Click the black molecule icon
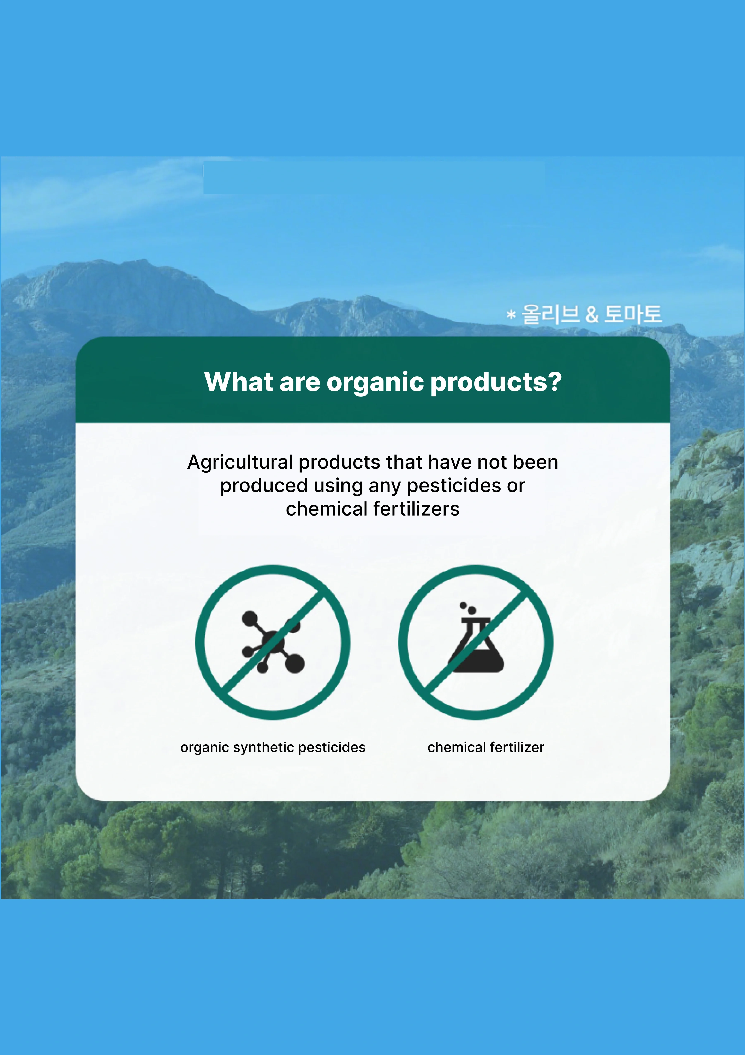(x=273, y=642)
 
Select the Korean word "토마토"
(x=633, y=314)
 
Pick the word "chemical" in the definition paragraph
(x=326, y=509)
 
